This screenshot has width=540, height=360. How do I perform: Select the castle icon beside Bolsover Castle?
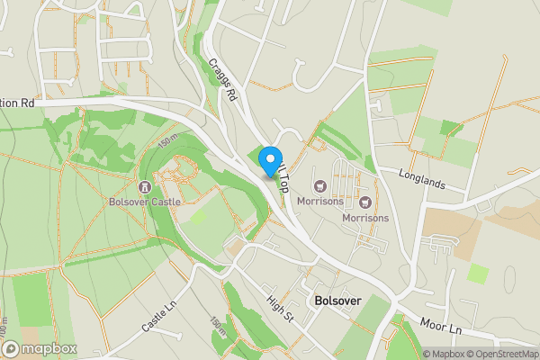(145, 187)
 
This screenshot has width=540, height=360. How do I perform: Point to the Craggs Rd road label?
(222, 80)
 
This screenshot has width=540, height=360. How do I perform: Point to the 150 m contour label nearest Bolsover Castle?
(167, 142)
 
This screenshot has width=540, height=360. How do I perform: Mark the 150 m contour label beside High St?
(217, 325)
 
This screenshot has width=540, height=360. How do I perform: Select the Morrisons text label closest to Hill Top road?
(320, 201)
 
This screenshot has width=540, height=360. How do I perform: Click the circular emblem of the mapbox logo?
(11, 349)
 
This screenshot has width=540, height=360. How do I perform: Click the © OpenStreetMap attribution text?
(504, 354)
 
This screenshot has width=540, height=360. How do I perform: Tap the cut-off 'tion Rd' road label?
(17, 103)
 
